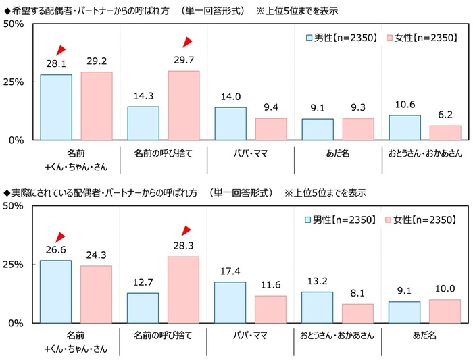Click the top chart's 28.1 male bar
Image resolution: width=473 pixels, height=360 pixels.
coord(56,107)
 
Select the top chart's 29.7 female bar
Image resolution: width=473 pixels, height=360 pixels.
coord(183,105)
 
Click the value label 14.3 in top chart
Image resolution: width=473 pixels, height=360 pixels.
coord(143,97)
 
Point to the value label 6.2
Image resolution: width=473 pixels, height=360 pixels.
coord(445,115)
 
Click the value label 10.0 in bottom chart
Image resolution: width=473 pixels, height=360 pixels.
coord(445,289)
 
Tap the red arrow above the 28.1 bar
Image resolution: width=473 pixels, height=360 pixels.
coord(61,49)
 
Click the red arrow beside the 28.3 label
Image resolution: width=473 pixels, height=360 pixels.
coord(187,231)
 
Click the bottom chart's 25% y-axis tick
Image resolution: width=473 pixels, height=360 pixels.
coord(14,264)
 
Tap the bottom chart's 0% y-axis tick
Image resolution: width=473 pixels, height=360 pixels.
coord(18,323)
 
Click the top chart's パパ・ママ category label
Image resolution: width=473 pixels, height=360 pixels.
coord(250,154)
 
